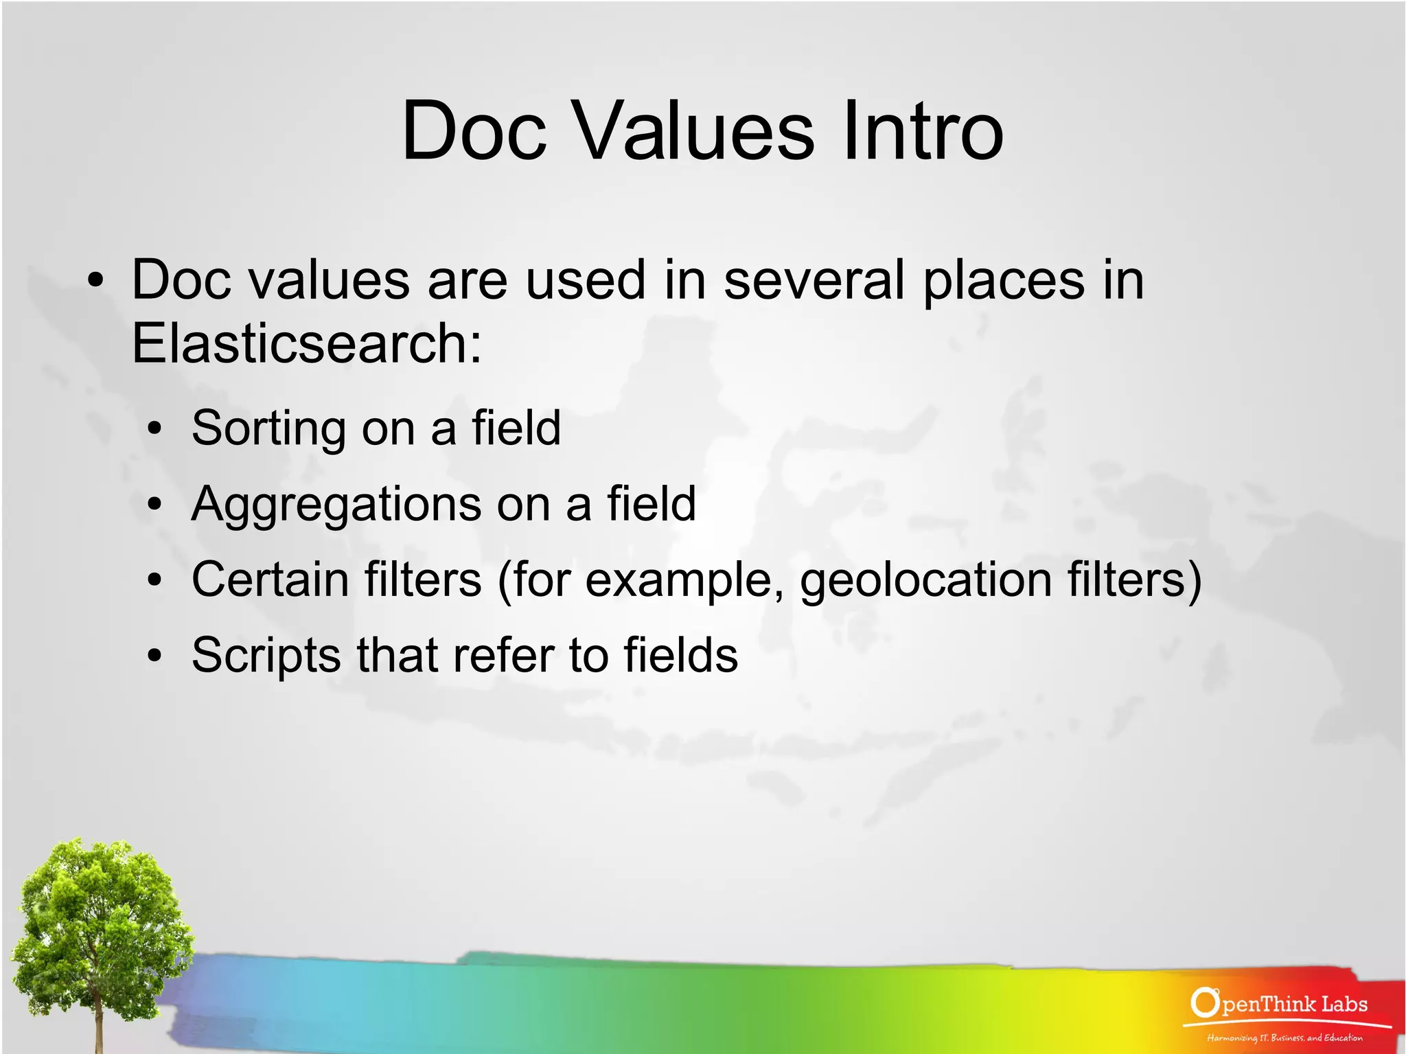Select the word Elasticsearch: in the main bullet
[307, 343]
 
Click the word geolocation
[925, 581]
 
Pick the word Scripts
[266, 656]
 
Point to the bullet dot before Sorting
[155, 429]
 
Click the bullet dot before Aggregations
[155, 505]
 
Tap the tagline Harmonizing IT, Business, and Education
[1284, 1038]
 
